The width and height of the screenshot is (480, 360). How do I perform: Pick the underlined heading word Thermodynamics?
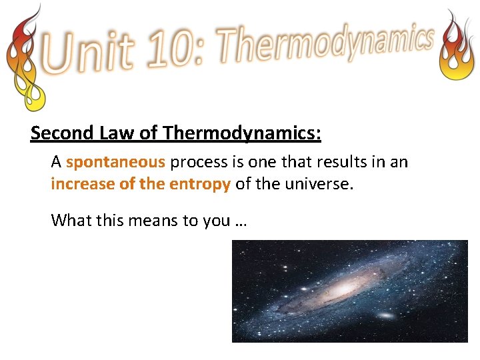241,133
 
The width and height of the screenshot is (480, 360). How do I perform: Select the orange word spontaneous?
115,163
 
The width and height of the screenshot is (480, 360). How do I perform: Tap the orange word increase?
83,185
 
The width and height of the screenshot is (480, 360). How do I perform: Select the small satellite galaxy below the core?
385,315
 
